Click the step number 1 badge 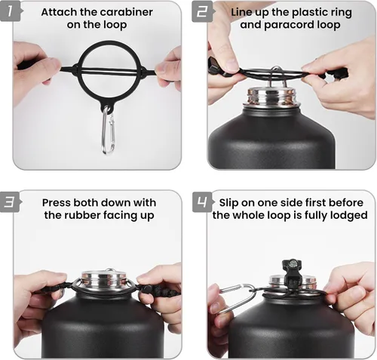pyautogui.click(x=11, y=11)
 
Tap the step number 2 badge pyautogui.click(x=202, y=11)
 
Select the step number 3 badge pyautogui.click(x=11, y=202)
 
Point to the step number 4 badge pyautogui.click(x=202, y=202)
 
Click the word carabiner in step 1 pyautogui.click(x=126, y=12)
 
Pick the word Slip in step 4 pyautogui.click(x=228, y=203)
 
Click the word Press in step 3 pyautogui.click(x=57, y=203)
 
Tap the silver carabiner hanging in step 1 pyautogui.click(x=109, y=131)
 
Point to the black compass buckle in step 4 pyautogui.click(x=292, y=272)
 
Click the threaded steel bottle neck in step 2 pyautogui.click(x=273, y=97)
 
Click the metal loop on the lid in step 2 pyautogui.click(x=276, y=76)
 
